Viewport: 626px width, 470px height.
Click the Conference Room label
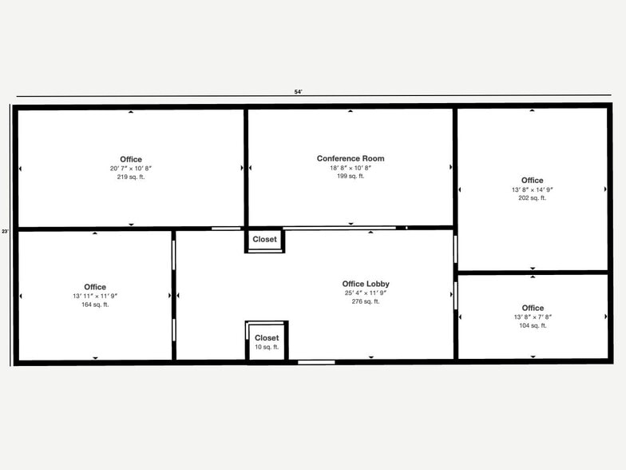[351, 158]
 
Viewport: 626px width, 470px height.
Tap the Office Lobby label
[366, 284]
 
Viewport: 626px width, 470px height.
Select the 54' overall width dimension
[299, 92]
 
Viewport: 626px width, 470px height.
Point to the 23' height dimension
[5, 231]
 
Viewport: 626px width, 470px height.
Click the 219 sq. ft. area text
[131, 177]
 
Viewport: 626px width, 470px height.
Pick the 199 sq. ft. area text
[351, 176]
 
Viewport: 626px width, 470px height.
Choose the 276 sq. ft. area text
[366, 301]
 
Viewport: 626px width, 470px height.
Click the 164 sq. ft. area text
[95, 305]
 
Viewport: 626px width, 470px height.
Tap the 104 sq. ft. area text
[533, 325]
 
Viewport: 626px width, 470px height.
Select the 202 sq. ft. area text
[533, 197]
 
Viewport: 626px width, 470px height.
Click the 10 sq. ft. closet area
[267, 347]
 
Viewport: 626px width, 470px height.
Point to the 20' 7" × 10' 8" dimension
[131, 168]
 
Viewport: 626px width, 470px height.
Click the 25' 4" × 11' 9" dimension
[366, 293]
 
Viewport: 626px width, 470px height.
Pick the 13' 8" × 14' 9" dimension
[533, 189]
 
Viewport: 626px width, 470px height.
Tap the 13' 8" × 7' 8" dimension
[533, 317]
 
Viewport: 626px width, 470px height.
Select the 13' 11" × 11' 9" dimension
[95, 296]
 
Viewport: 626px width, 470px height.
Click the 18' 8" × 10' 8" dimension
[351, 168]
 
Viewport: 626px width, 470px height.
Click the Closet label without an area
[265, 239]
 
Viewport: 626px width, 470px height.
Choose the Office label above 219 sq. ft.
[131, 159]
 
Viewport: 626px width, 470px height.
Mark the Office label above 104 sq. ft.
[533, 308]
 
